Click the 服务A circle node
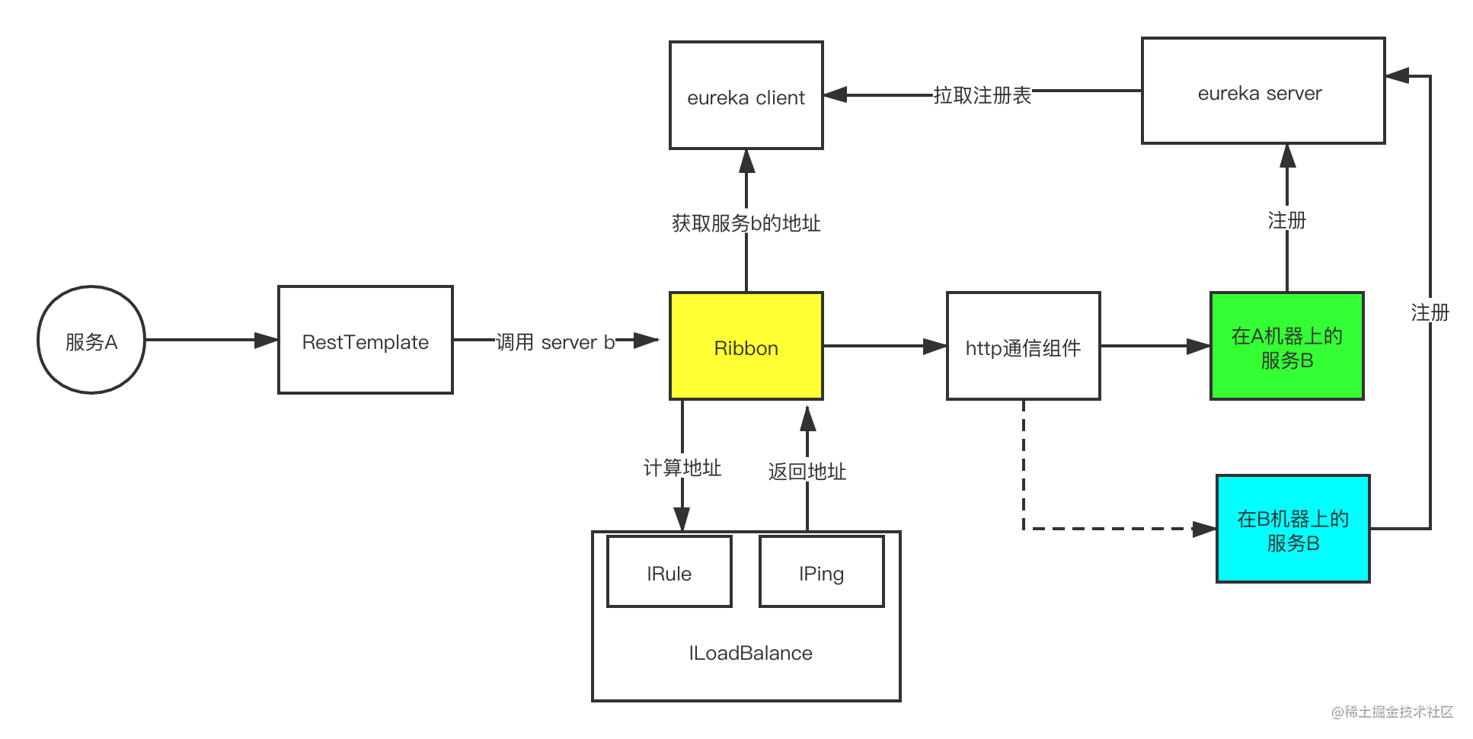91,341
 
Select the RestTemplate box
366,341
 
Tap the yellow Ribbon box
746,347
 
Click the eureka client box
746,96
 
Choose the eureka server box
1263,91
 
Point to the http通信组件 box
1023,347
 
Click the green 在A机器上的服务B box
1287,347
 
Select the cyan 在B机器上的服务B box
1293,529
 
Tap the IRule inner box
669,572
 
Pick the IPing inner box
822,572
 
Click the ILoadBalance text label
750,653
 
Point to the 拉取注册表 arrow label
983,95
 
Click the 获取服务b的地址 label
746,222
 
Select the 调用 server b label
555,342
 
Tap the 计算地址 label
682,467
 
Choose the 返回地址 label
807,471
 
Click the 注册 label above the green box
1287,219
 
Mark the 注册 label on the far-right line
1430,312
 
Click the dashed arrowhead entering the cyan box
1204,529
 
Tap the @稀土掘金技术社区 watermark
1391,710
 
